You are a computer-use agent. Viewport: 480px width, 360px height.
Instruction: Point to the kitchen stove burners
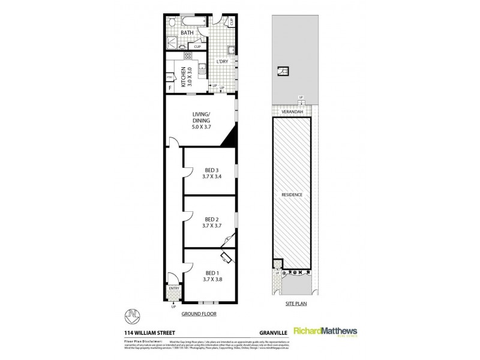pyautogui.click(x=187, y=56)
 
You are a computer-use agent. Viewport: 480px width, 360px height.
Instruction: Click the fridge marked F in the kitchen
pyautogui.click(x=170, y=88)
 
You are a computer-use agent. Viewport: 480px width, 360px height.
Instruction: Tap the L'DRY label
pyautogui.click(x=223, y=62)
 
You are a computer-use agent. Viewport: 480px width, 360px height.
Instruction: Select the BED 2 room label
pyautogui.click(x=211, y=218)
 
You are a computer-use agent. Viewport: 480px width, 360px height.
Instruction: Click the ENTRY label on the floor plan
pyautogui.click(x=174, y=289)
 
